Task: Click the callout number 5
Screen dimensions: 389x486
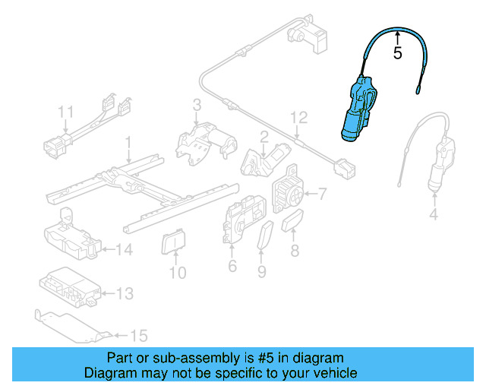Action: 397,53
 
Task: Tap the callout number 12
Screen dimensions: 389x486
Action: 299,118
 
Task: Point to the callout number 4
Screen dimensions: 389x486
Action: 434,215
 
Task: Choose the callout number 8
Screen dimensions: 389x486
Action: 295,249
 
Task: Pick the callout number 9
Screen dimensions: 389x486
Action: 262,270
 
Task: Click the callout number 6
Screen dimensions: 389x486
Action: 232,266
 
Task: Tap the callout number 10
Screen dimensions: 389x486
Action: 177,272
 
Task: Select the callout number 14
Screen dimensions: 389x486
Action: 125,248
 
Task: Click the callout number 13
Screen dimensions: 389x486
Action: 125,293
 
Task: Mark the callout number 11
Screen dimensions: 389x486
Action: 66,112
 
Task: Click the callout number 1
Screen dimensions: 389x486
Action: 128,141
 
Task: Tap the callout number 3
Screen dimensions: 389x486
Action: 196,105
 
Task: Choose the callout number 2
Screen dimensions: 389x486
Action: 264,138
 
